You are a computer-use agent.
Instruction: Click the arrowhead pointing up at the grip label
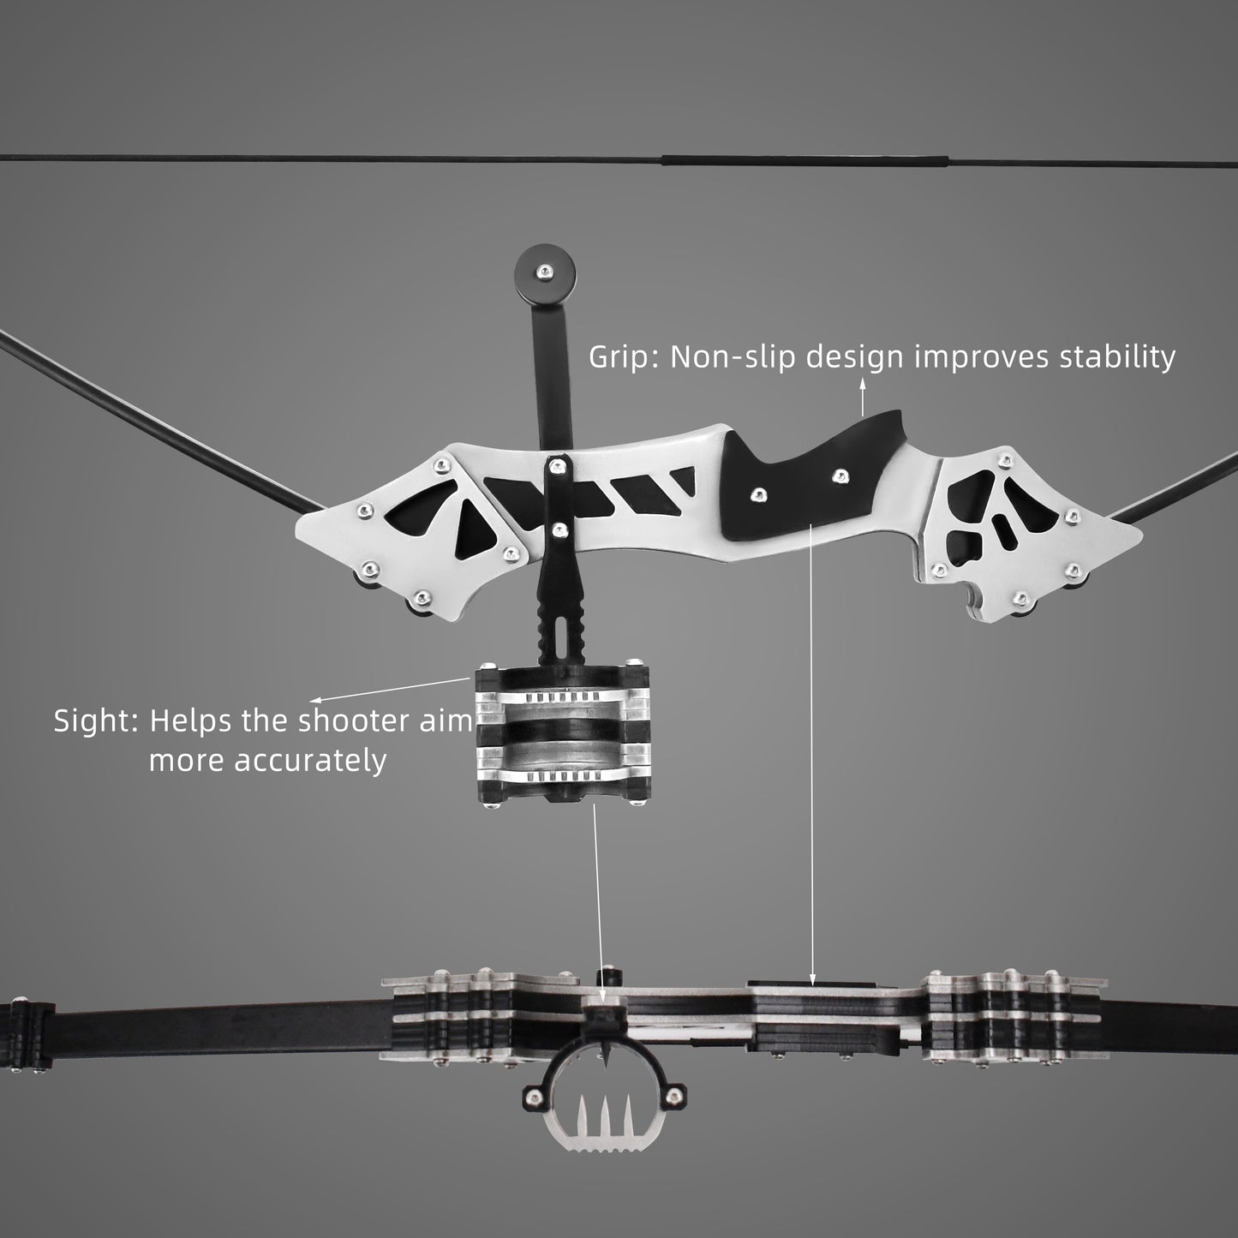tap(863, 386)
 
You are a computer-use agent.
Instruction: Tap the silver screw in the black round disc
tap(541, 272)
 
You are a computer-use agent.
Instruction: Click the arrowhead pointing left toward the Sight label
tap(314, 700)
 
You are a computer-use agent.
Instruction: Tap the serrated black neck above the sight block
tap(565, 625)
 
